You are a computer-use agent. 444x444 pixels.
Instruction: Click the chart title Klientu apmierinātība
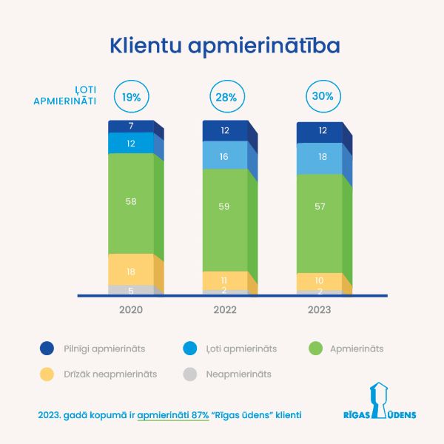225,45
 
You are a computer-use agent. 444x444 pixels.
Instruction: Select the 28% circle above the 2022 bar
226,97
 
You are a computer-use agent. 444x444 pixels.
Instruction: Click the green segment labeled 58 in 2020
132,202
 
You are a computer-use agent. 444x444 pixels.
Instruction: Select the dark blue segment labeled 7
132,127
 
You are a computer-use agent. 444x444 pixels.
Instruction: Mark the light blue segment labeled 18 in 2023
320,158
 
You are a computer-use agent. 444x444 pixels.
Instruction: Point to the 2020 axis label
132,310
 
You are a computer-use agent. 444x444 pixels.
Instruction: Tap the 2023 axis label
320,310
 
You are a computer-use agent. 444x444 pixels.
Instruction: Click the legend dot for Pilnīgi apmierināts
47,348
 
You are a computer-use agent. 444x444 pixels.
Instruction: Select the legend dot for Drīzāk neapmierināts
47,374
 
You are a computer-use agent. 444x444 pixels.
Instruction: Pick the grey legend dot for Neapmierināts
191,374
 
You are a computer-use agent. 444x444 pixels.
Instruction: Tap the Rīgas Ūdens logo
380,403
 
